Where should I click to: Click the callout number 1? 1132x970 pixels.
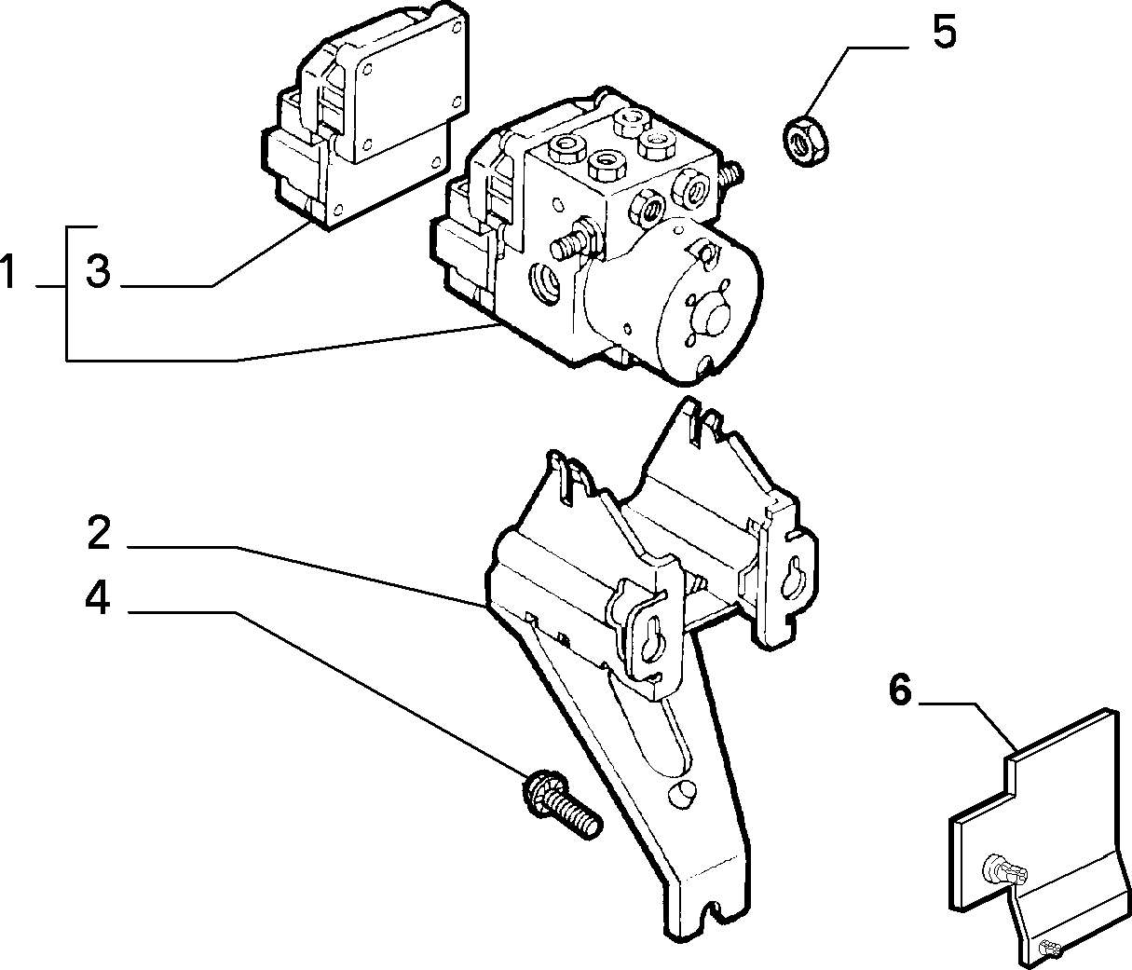click(7, 271)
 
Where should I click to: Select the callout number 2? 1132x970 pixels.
click(99, 532)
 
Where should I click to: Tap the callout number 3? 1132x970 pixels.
click(99, 271)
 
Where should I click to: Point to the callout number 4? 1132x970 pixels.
click(98, 598)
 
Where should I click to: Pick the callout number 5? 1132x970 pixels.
click(944, 32)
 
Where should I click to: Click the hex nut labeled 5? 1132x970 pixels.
click(803, 140)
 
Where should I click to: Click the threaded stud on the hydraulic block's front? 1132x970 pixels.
click(575, 242)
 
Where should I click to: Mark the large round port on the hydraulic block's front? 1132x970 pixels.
click(546, 283)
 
